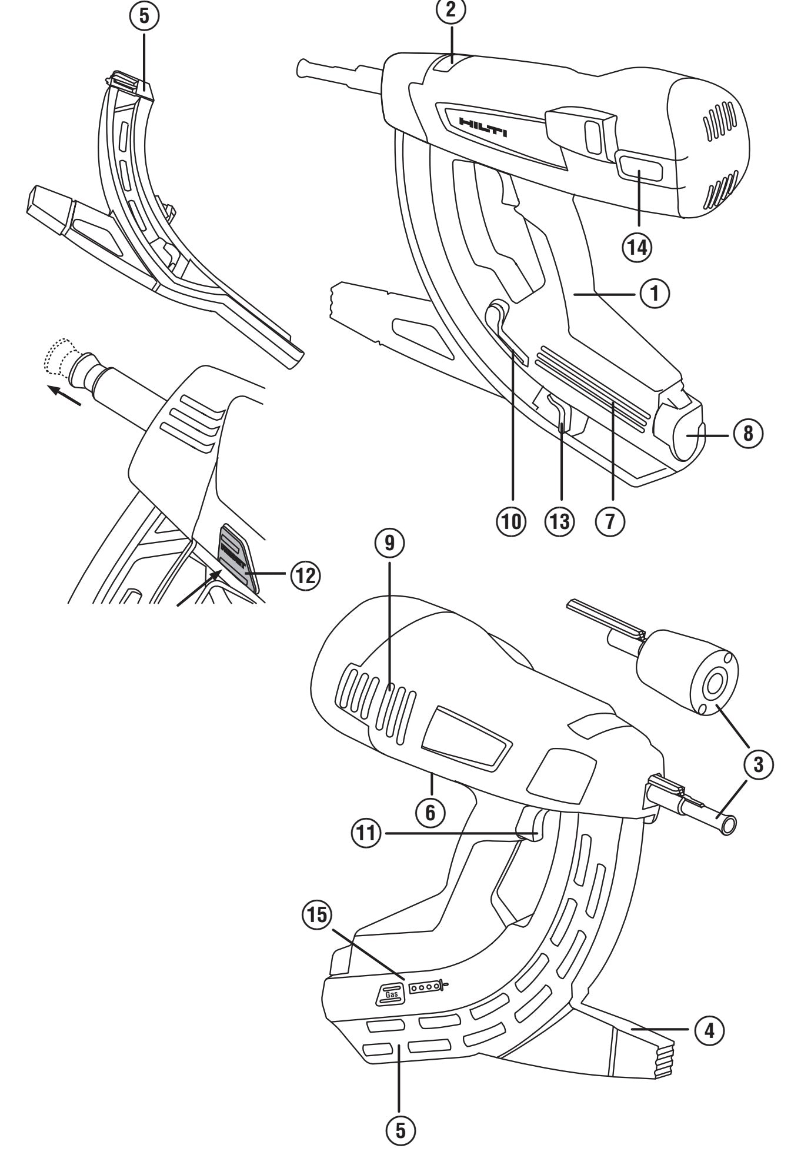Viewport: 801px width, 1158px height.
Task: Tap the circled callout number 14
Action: tap(638, 248)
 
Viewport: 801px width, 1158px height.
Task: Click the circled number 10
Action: tap(513, 521)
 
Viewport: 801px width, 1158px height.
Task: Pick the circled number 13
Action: tap(561, 521)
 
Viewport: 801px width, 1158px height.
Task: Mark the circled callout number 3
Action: tap(758, 764)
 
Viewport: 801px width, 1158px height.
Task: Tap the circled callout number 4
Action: tap(707, 1029)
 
